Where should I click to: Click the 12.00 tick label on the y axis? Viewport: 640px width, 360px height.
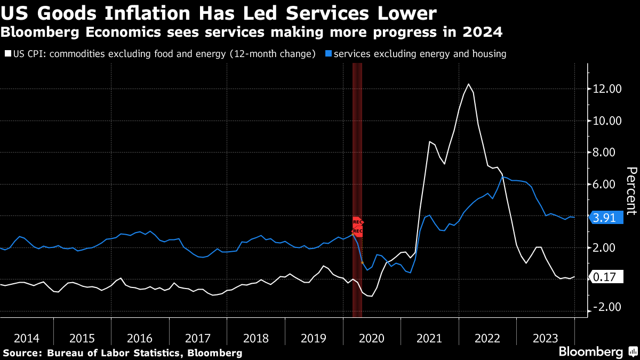pyautogui.click(x=607, y=89)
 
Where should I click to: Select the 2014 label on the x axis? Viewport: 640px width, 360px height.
pyautogui.click(x=27, y=338)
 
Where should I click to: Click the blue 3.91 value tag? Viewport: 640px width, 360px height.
pyautogui.click(x=607, y=218)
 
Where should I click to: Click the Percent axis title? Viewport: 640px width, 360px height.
pyautogui.click(x=631, y=190)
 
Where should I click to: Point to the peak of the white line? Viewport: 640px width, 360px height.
pyautogui.click(x=468, y=84)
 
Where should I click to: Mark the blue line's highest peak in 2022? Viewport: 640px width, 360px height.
pyautogui.click(x=503, y=177)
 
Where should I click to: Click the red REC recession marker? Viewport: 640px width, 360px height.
pyautogui.click(x=357, y=227)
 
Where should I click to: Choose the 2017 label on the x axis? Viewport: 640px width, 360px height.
pyautogui.click(x=198, y=338)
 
